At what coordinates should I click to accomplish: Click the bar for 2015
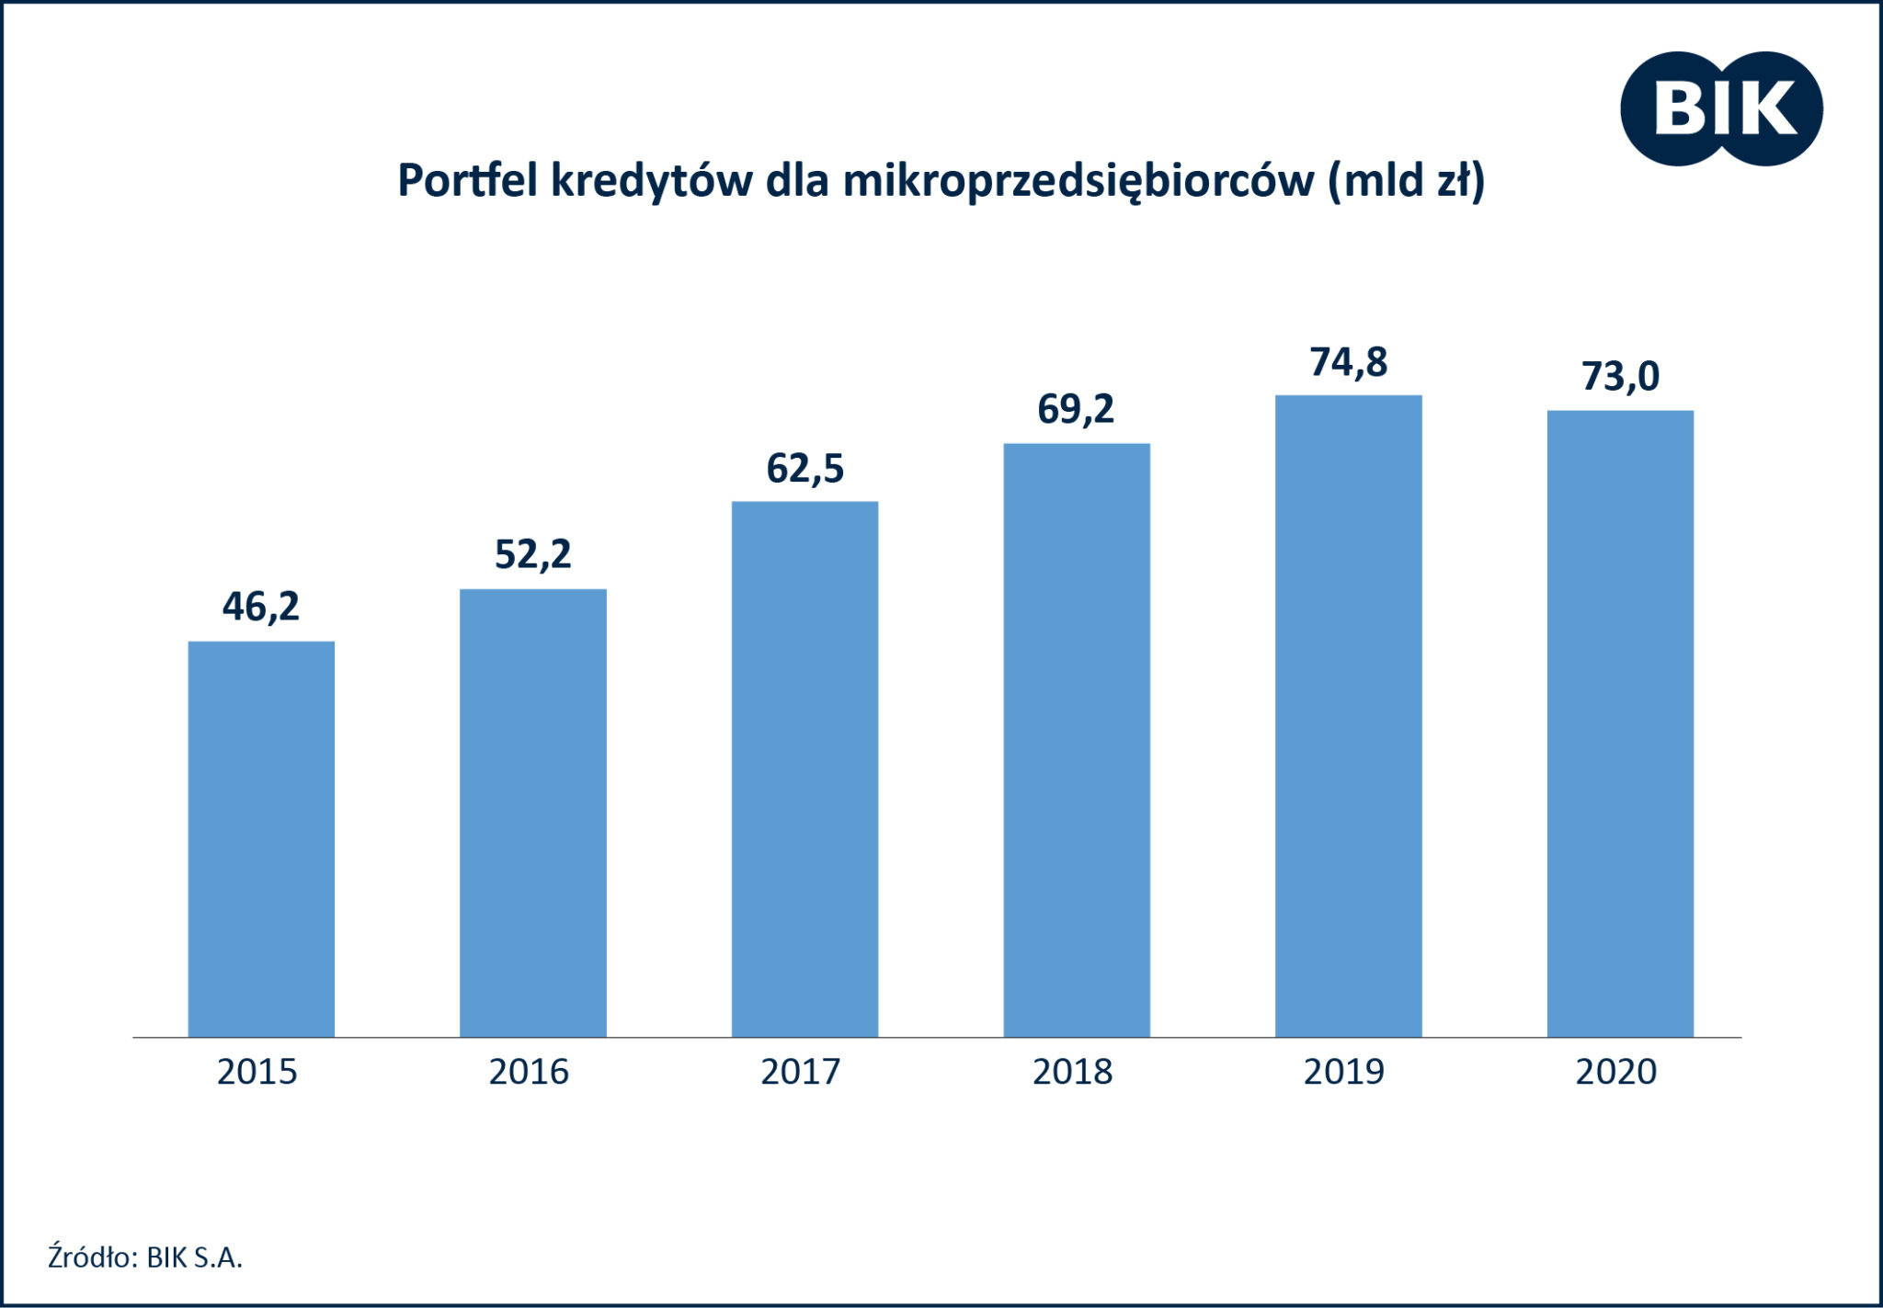click(261, 838)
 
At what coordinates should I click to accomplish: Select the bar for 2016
click(533, 813)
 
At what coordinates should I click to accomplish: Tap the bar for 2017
click(805, 768)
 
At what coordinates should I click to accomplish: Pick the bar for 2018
click(1077, 740)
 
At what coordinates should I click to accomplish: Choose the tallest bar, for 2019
click(1348, 716)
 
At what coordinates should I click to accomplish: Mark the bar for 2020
click(1620, 723)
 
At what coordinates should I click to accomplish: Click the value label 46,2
click(261, 607)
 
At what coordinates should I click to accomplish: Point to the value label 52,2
click(533, 554)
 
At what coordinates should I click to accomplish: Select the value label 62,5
click(805, 469)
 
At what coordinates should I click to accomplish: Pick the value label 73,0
click(1620, 377)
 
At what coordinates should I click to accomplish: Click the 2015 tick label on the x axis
click(257, 1072)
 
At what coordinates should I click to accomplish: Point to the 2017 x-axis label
click(801, 1072)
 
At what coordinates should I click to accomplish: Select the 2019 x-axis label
click(1344, 1072)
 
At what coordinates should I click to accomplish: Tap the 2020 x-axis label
click(1616, 1072)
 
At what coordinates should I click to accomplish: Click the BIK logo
click(1721, 108)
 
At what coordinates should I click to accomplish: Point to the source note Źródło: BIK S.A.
click(145, 1257)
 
